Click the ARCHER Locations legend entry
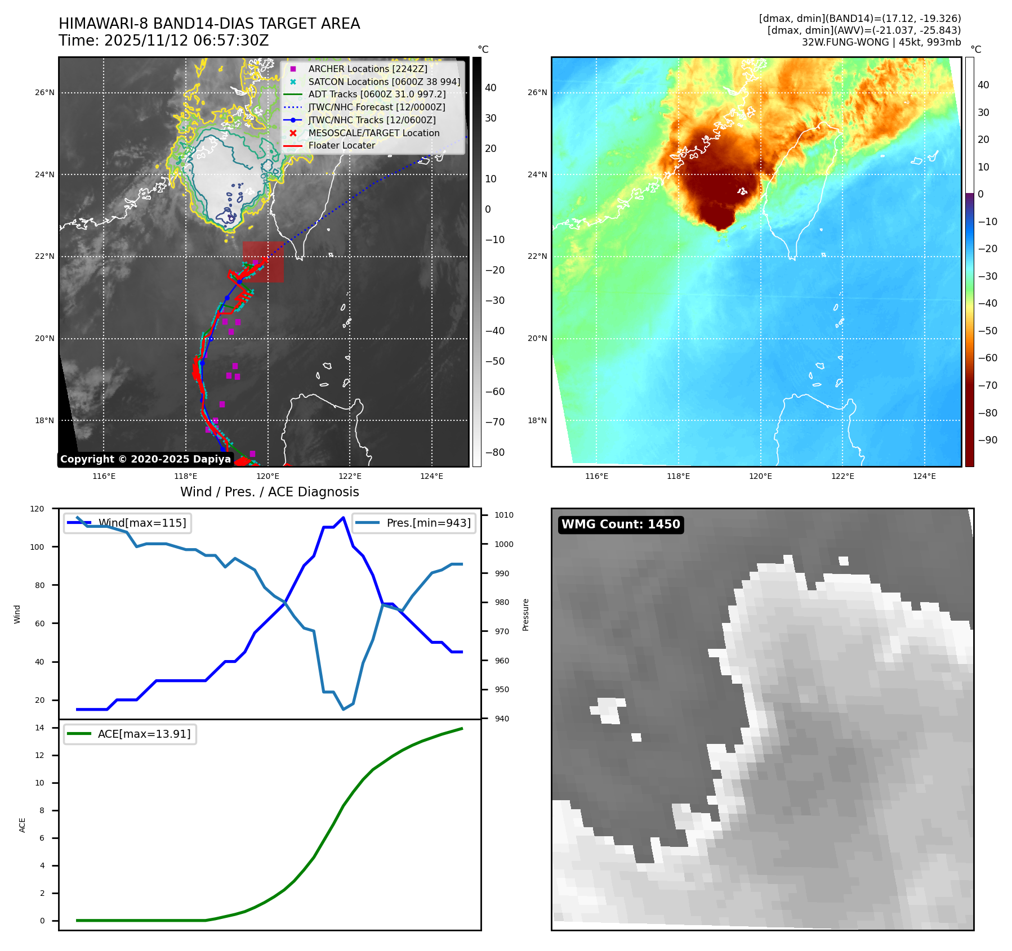[x=367, y=69]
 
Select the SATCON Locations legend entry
[x=384, y=82]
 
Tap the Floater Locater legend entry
[x=341, y=145]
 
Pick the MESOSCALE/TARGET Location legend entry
[x=373, y=133]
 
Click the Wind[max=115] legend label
[x=142, y=523]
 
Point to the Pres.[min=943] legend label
[x=429, y=523]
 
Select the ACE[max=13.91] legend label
[x=144, y=734]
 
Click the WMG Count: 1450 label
[x=621, y=524]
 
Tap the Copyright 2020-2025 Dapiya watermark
[x=145, y=459]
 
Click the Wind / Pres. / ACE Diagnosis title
[x=269, y=492]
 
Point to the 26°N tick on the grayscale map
[x=44, y=92]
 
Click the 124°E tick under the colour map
[x=924, y=476]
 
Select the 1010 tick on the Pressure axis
[x=504, y=515]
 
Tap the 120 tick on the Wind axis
[x=37, y=509]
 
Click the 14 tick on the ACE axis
[x=39, y=728]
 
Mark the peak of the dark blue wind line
[x=344, y=517]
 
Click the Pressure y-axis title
[x=525, y=614]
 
